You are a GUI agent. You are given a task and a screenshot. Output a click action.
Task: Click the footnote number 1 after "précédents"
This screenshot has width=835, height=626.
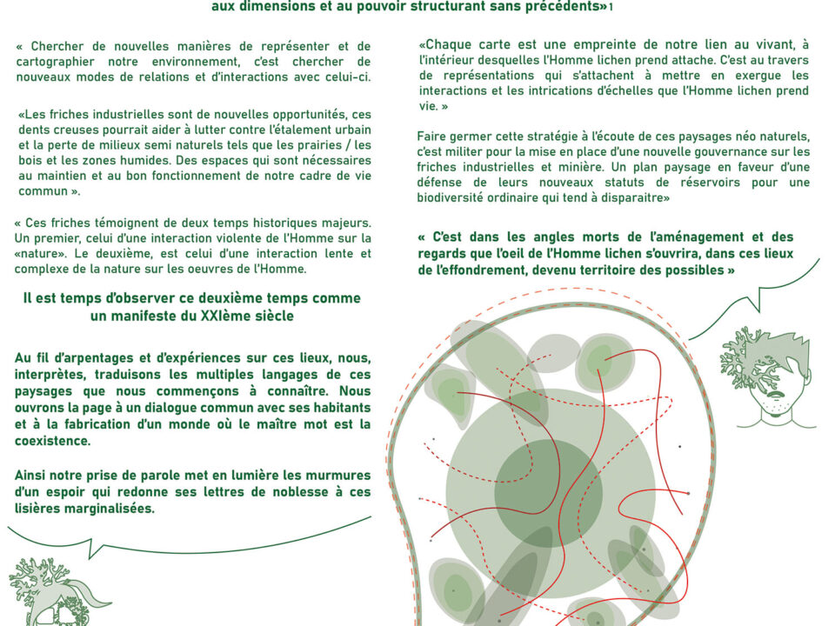[611, 7]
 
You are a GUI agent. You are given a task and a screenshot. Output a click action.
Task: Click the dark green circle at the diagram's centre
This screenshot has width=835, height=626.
[548, 492]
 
